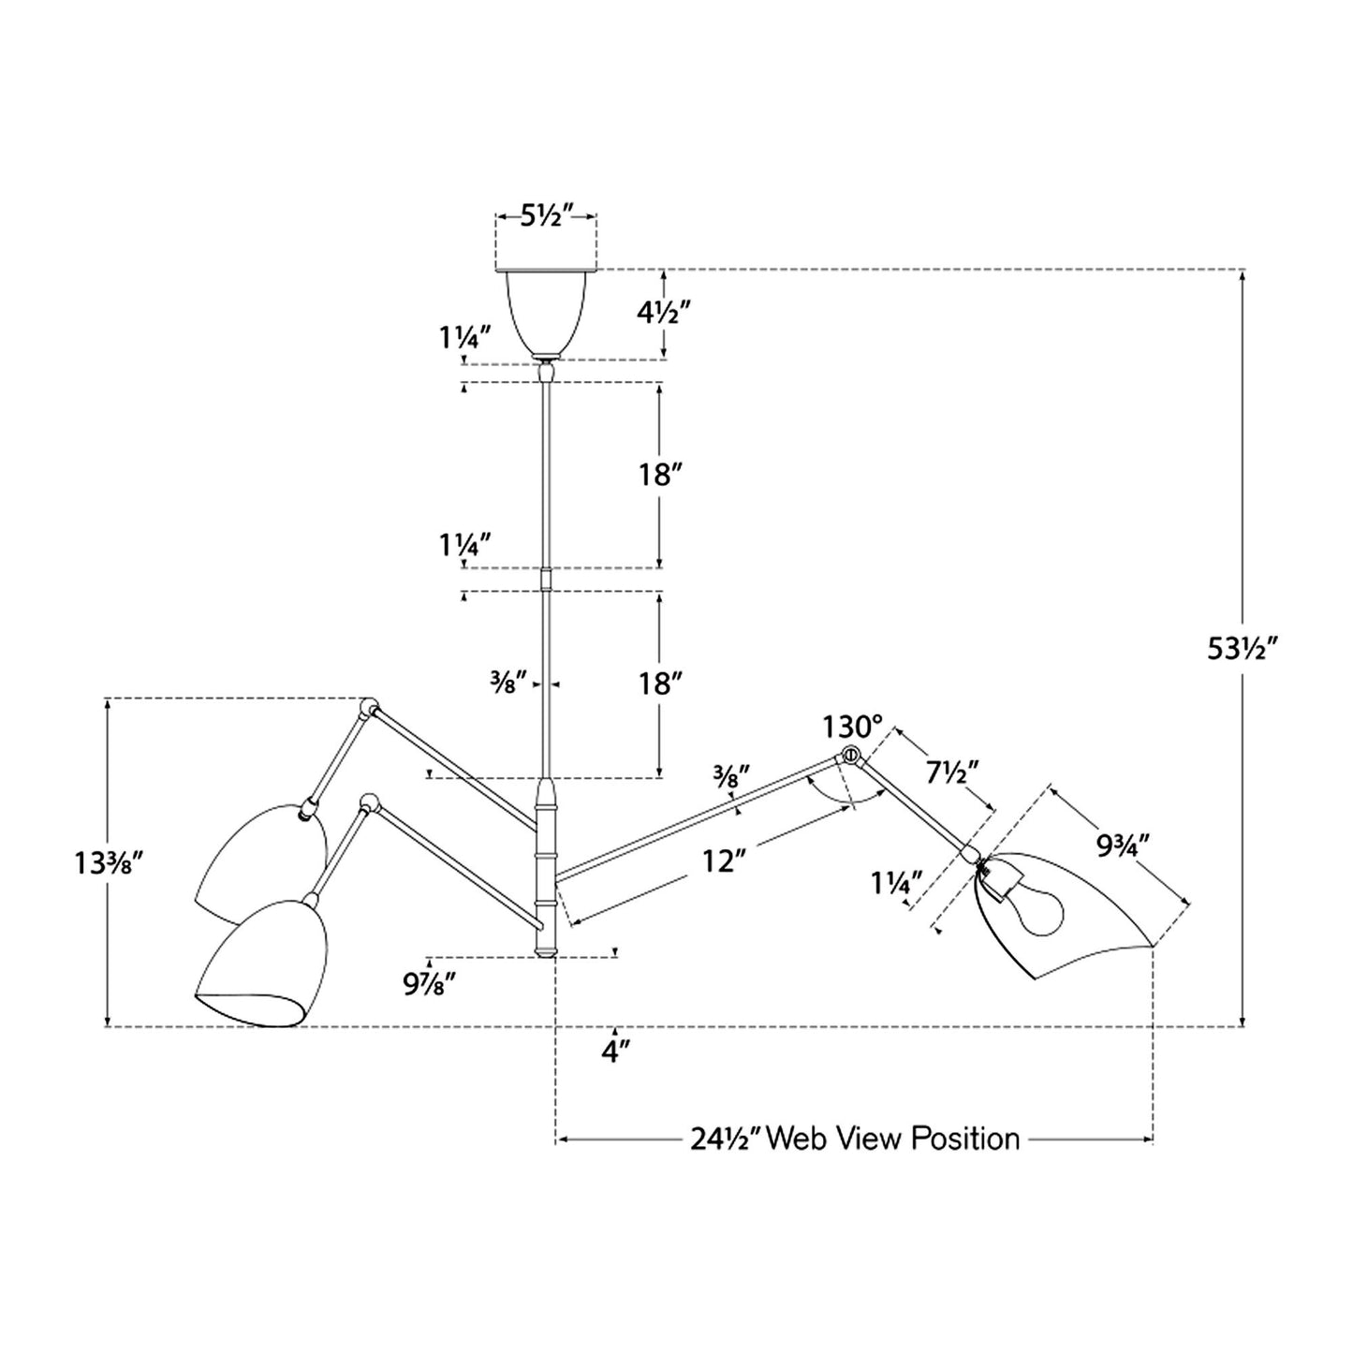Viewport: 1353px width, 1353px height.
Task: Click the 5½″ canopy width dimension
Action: point(547,216)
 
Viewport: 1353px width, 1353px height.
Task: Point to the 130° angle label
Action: point(852,727)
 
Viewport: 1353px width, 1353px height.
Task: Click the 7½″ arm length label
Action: point(951,773)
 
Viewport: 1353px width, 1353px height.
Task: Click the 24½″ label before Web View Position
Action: point(726,1140)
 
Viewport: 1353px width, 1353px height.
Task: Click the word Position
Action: point(964,1140)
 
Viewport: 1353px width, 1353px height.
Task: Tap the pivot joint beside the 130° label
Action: point(850,756)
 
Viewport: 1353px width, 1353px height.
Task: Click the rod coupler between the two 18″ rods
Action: point(547,580)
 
